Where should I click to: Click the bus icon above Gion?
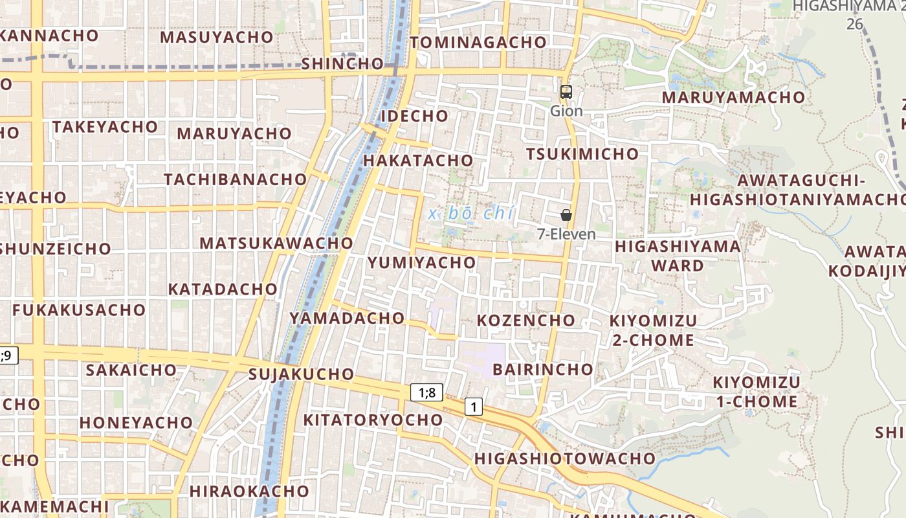pos(566,92)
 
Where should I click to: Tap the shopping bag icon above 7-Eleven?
pos(566,215)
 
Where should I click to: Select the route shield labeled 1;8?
pos(426,392)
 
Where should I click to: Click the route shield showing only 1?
pos(474,407)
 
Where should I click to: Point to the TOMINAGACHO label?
pos(478,43)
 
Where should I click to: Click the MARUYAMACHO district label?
pos(733,98)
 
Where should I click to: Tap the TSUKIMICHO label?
pos(582,154)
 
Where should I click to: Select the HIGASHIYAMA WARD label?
pos(678,256)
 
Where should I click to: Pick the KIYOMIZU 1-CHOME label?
pos(756,392)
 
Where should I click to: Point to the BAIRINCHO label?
pos(542,369)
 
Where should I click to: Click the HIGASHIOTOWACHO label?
pos(564,458)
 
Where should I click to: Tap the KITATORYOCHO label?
pos(373,420)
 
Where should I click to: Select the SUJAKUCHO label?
pos(301,374)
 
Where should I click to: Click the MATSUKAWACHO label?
pos(276,243)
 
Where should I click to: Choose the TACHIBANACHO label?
pos(235,179)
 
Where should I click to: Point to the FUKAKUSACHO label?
pos(79,310)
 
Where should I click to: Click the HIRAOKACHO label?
pos(249,491)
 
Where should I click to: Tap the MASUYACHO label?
pos(216,37)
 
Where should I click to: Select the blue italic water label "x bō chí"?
pos(470,212)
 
